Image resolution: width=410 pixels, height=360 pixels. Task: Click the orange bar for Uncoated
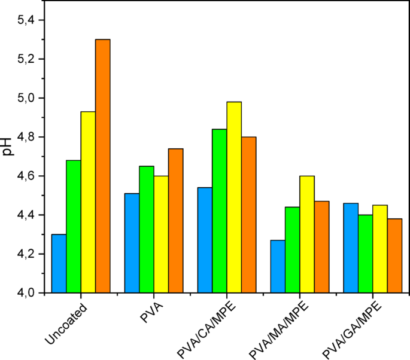coord(103,166)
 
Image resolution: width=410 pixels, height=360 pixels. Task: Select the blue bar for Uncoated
coord(59,263)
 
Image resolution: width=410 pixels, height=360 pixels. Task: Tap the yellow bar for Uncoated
coord(88,202)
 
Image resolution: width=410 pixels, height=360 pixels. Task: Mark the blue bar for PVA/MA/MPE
coord(278,266)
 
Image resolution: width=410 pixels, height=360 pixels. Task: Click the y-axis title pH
coord(8,147)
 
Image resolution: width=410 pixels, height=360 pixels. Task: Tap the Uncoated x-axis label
coord(66,325)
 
